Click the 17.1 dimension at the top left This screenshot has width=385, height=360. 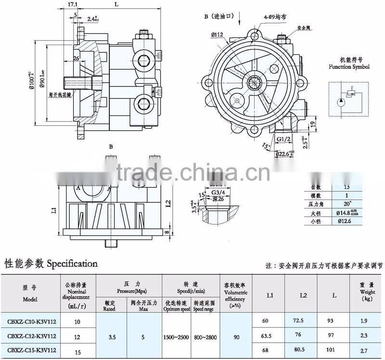[72, 4]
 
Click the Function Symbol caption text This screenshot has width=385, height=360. [349, 67]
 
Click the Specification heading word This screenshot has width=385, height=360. [72, 263]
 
